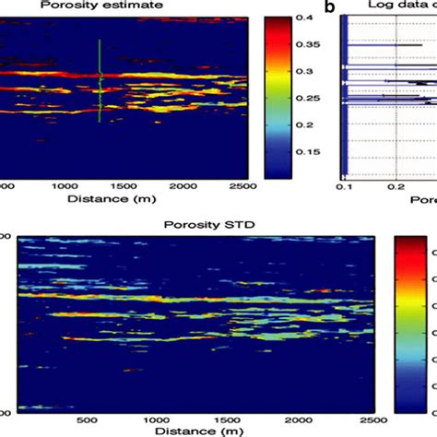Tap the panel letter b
tap(329, 7)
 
